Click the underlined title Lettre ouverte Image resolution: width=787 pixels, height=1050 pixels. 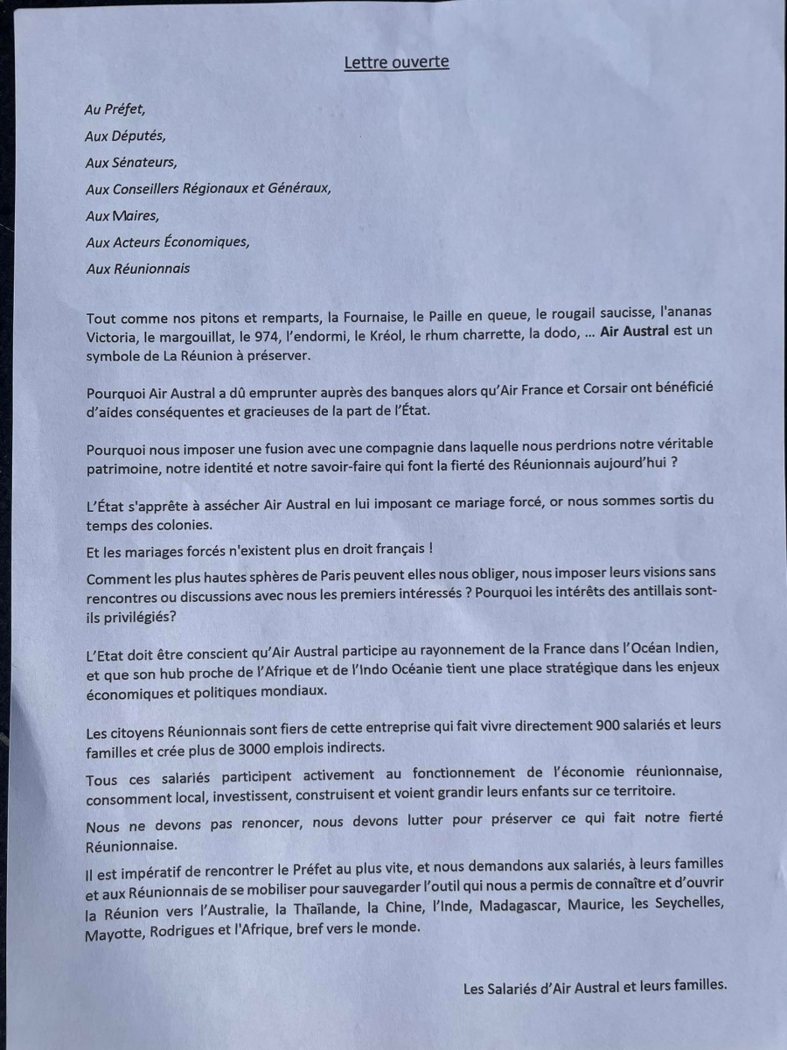point(396,62)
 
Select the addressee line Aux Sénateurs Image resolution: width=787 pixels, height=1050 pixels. point(130,163)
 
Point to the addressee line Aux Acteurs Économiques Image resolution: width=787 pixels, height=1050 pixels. point(167,242)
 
